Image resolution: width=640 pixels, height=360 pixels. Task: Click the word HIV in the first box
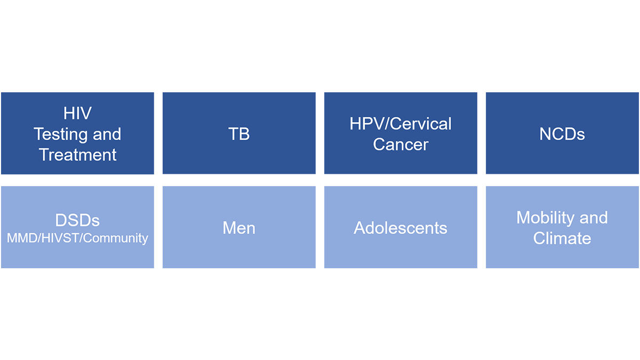coord(77,113)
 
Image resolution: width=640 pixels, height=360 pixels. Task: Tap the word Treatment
coord(78,155)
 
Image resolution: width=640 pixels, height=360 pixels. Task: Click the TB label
coord(239,134)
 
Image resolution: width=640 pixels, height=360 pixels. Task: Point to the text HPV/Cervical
coord(401,124)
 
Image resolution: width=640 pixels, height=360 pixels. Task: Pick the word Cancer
coord(401,145)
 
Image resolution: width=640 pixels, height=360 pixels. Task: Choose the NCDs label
coord(562,134)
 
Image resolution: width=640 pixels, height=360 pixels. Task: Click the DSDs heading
coord(77,221)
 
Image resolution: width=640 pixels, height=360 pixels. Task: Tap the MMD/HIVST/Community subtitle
coord(77,238)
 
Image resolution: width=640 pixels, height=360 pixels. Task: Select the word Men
coord(239,228)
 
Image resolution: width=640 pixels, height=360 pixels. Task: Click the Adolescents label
coord(401,228)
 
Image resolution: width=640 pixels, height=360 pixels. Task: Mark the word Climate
coord(562,238)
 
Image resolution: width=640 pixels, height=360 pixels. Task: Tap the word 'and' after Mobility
coord(594,218)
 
